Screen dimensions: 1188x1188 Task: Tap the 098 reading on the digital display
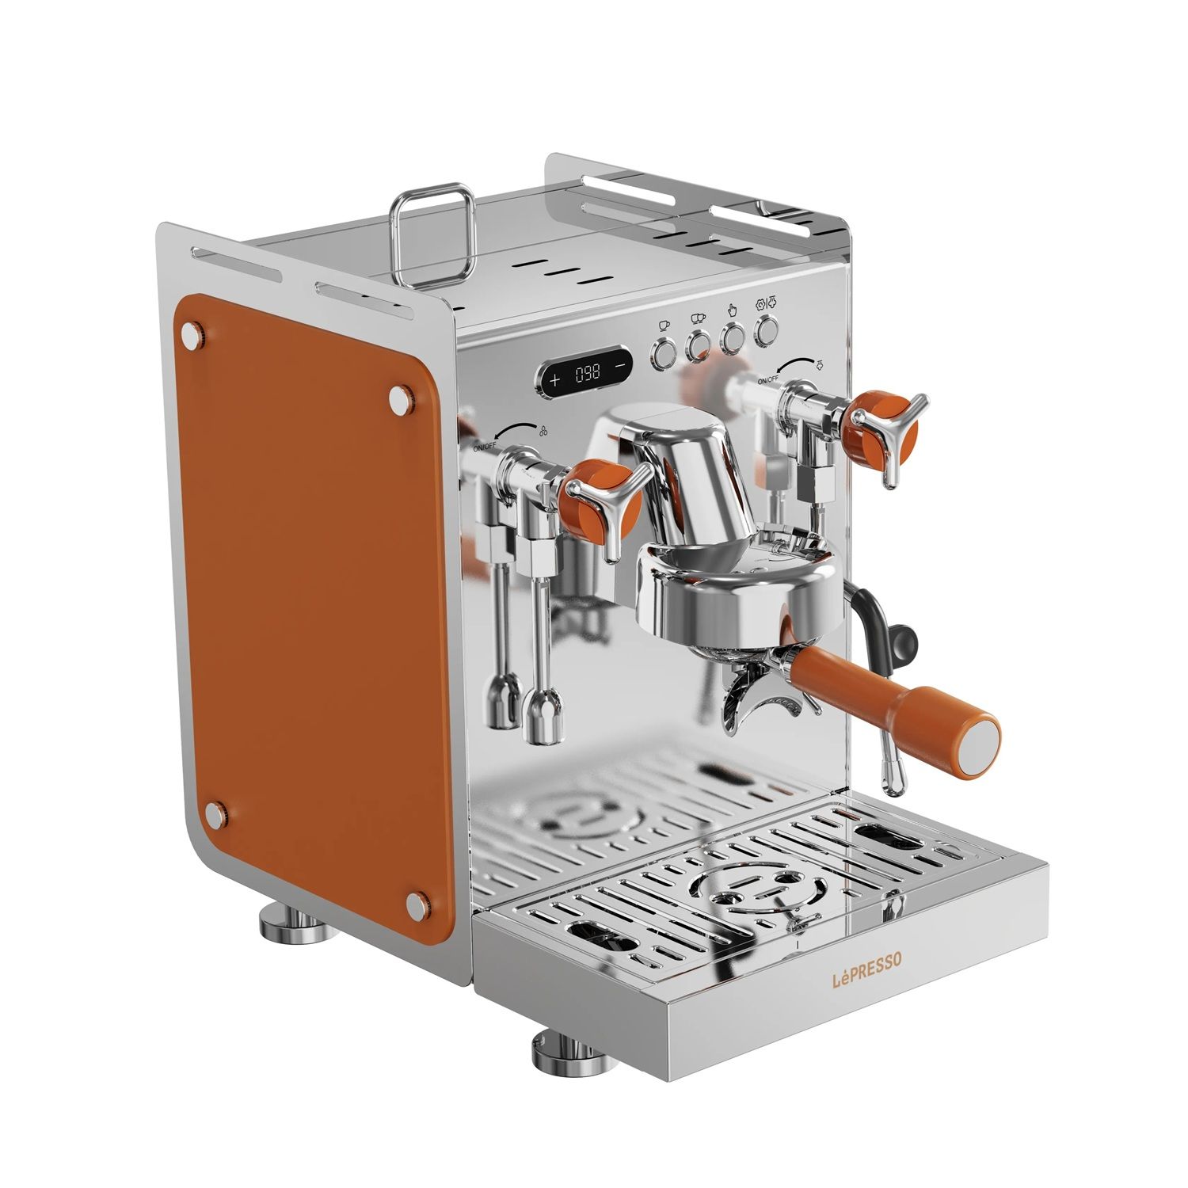[x=587, y=372]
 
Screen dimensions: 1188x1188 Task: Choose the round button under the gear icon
[x=765, y=331]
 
